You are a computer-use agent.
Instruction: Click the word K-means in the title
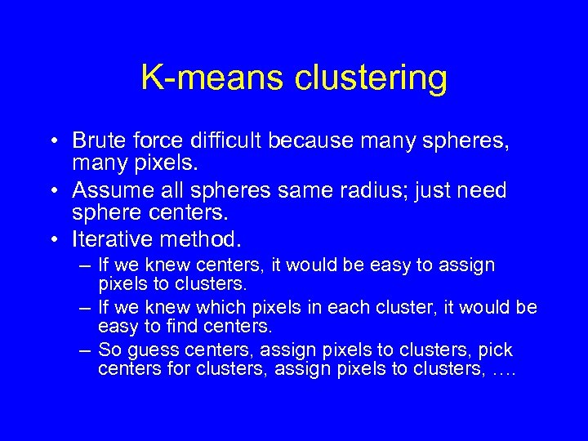207,78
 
